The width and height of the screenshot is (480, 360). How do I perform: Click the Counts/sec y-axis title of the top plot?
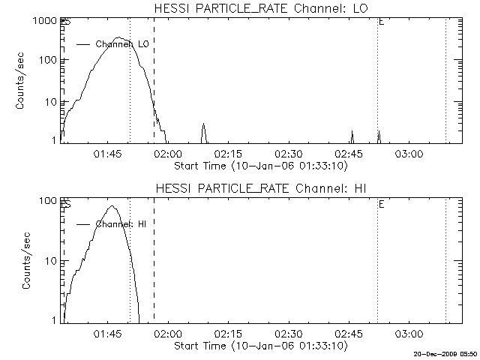(x=22, y=79)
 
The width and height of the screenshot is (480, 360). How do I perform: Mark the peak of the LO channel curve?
(x=118, y=37)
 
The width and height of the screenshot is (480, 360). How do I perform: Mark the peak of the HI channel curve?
(x=112, y=205)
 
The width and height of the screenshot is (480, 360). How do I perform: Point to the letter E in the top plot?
(x=382, y=23)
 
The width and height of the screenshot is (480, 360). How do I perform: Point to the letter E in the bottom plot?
(x=382, y=203)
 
